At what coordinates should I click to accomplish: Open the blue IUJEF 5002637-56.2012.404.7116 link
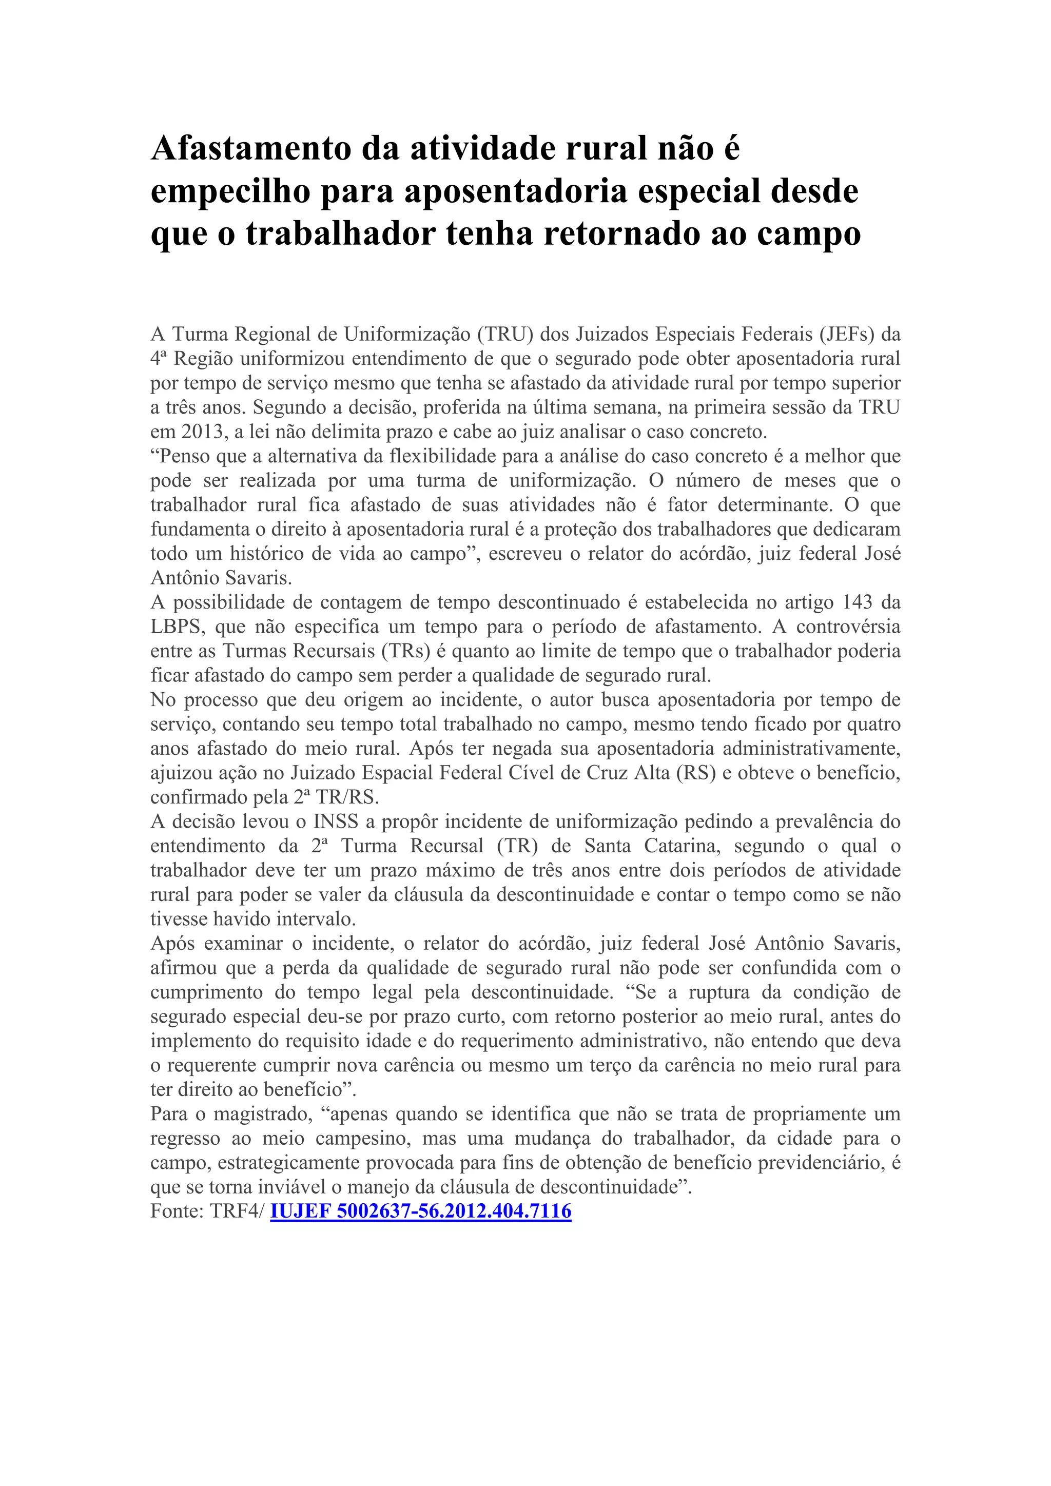421,1211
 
